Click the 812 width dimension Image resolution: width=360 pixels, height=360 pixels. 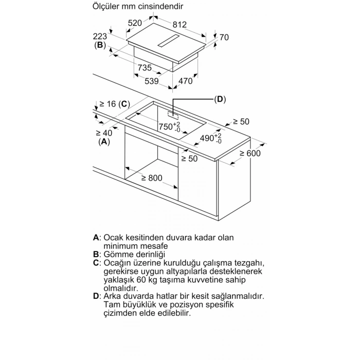[x=179, y=25]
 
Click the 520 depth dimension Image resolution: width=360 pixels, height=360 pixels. [x=135, y=23]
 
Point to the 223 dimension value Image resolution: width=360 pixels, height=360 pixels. [x=100, y=37]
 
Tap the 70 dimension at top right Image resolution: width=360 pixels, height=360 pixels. [x=224, y=37]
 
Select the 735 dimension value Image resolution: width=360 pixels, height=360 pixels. [x=145, y=67]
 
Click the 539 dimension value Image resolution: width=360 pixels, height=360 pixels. [x=152, y=81]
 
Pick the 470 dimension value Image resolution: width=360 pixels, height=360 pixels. [x=185, y=81]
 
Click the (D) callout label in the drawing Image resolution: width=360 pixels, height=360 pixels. [x=220, y=99]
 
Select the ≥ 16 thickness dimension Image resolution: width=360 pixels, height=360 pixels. [x=107, y=104]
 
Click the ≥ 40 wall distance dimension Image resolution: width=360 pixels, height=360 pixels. [x=104, y=133]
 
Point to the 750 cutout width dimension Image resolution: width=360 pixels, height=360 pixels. [x=170, y=127]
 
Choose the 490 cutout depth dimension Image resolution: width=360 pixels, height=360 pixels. [x=211, y=138]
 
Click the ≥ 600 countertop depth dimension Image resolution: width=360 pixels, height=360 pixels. [x=250, y=153]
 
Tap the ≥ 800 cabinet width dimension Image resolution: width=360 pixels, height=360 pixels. [x=152, y=178]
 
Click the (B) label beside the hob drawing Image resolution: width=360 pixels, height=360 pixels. [x=100, y=45]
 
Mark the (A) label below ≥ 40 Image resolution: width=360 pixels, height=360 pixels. [x=104, y=141]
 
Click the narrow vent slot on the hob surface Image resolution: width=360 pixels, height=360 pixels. [x=169, y=42]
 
